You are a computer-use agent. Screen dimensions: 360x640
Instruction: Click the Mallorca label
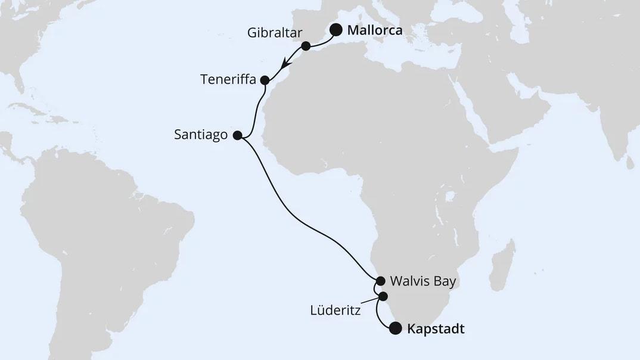[374, 30]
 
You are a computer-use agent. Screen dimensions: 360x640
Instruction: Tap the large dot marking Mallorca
[336, 30]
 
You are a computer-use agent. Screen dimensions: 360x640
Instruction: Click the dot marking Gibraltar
[306, 46]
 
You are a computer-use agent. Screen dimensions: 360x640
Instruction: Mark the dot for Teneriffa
[265, 80]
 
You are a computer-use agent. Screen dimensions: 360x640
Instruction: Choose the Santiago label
[201, 135]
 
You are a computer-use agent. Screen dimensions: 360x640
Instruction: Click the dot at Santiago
[237, 135]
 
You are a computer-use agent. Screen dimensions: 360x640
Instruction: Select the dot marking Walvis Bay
[380, 280]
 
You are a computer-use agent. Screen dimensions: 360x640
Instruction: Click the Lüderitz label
[334, 310]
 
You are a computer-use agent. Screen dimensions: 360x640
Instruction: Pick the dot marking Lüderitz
[383, 296]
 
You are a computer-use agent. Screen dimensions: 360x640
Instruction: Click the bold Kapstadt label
[435, 328]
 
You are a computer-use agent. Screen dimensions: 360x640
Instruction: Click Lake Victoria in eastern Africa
[451, 195]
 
